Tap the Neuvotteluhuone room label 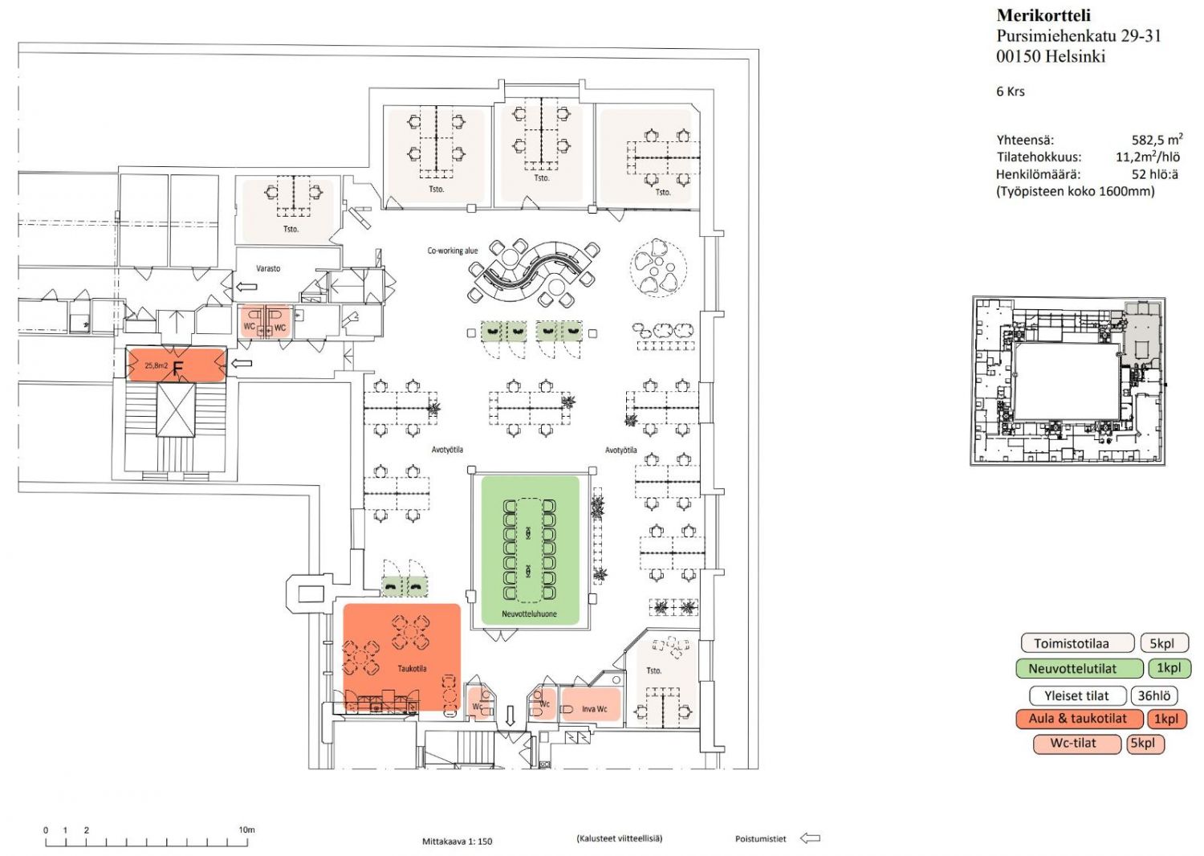530,613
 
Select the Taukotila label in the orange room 413,668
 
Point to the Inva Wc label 594,709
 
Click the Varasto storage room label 267,268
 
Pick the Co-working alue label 452,251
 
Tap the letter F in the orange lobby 178,369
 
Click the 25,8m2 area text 156,365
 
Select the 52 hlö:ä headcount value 1154,174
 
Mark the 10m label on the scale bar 246,830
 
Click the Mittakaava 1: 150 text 457,841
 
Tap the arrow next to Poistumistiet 810,838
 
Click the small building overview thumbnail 1068,381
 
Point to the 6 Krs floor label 1011,92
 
